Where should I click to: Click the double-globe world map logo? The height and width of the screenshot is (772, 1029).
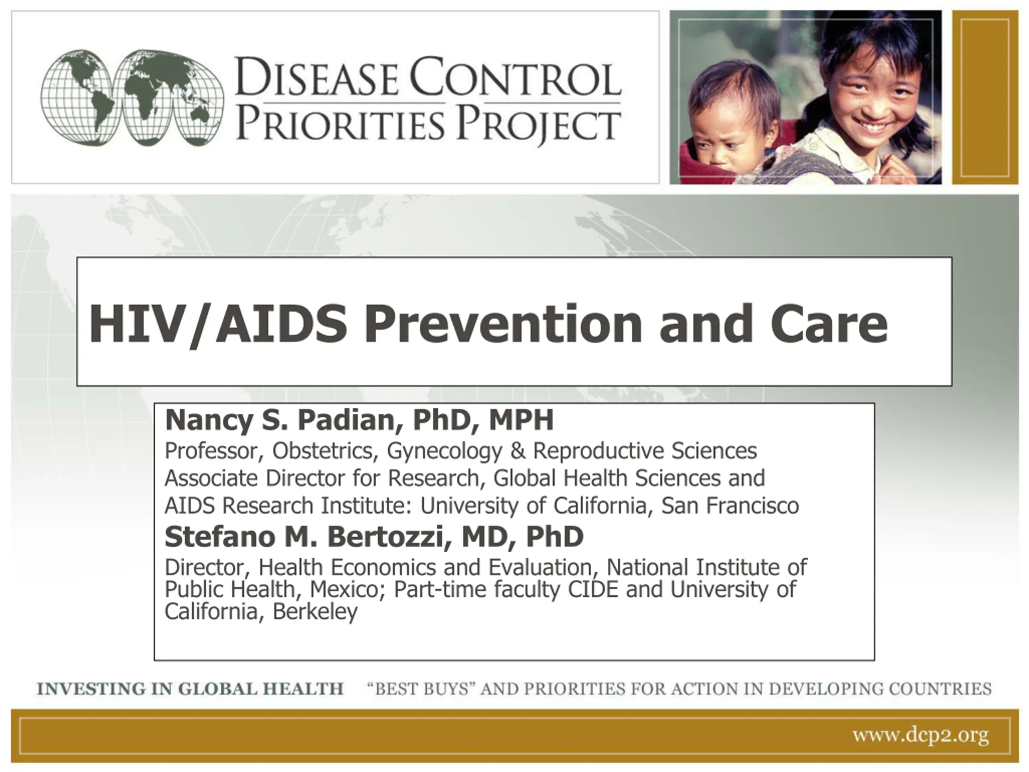[132, 98]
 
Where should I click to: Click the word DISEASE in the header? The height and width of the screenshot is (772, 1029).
[316, 77]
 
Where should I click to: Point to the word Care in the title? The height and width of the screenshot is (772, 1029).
[828, 323]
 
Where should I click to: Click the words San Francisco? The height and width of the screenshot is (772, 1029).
[730, 505]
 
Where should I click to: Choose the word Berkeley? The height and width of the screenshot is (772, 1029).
[315, 612]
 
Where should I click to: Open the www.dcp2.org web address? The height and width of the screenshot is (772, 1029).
[920, 736]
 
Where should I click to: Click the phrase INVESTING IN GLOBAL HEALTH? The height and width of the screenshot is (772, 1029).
[190, 689]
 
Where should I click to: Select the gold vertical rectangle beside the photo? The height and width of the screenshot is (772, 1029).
[985, 97]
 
